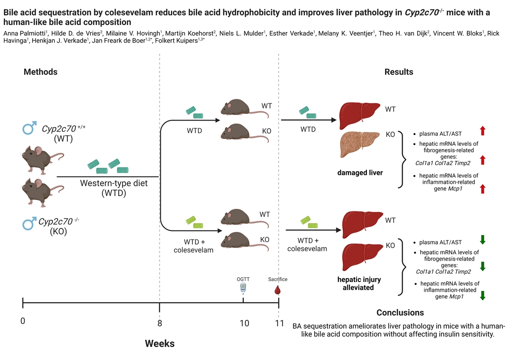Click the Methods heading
40,72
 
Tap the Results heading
399,72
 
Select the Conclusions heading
400,312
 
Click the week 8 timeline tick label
160,323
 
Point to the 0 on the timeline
23,320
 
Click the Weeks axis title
160,343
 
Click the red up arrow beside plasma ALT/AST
482,131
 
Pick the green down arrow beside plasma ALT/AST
482,239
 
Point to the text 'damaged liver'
360,173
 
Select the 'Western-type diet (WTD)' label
114,187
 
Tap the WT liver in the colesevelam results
360,221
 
